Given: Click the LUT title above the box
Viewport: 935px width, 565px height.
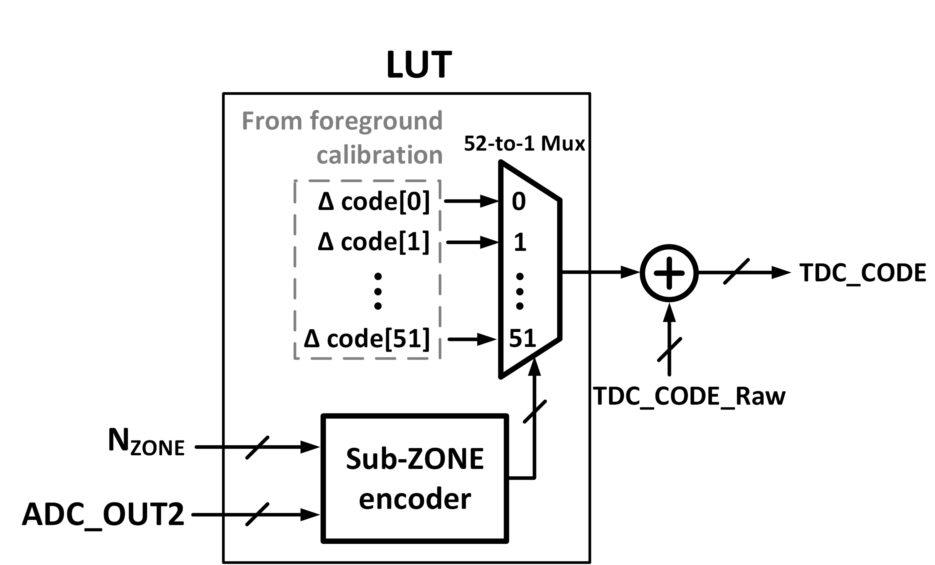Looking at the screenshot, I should tap(419, 65).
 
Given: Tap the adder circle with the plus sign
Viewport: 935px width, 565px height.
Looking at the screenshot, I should tap(669, 273).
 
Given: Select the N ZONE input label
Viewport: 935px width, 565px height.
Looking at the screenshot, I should tap(146, 442).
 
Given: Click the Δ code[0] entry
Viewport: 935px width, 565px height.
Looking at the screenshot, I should tap(374, 201).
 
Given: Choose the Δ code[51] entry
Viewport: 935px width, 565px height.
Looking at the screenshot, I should tap(367, 339).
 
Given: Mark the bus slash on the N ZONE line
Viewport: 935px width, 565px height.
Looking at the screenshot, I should tap(257, 448).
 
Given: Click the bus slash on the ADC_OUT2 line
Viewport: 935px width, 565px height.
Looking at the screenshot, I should tap(257, 515).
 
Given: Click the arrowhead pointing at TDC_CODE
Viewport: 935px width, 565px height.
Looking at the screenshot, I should tap(781, 273).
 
